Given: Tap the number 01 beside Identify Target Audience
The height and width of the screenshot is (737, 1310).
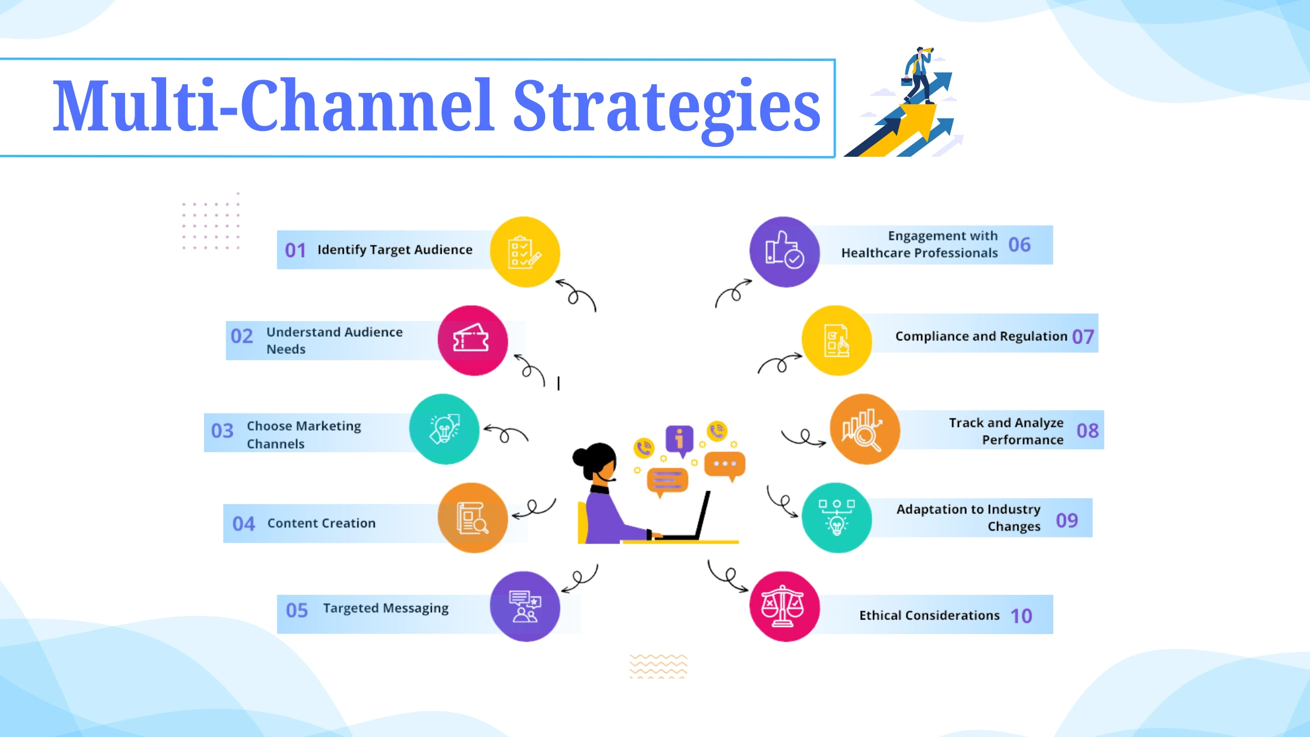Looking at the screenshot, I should [295, 250].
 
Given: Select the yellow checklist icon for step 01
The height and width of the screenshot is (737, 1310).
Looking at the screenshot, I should [525, 252].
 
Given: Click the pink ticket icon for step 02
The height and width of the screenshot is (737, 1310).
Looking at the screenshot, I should [473, 340].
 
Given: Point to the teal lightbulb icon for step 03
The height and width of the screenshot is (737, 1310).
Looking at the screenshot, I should [444, 429].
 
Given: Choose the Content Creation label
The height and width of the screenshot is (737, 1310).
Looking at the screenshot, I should [321, 523].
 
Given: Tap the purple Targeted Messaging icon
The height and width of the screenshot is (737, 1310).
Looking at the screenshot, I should [525, 606].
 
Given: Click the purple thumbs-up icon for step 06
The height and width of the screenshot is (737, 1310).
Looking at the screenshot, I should [784, 252].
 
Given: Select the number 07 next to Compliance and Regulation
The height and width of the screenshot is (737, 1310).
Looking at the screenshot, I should [1083, 337].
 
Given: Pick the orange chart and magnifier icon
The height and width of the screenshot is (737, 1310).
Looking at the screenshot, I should [864, 429].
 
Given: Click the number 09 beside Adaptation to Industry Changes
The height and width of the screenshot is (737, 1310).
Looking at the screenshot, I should [1067, 520].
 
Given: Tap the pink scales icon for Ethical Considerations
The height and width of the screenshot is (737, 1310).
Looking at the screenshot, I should [784, 606].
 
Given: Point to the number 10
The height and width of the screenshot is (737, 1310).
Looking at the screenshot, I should [1021, 616].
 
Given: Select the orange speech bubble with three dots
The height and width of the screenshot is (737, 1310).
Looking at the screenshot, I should [725, 464].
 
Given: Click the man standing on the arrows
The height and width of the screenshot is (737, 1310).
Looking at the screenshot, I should [919, 73].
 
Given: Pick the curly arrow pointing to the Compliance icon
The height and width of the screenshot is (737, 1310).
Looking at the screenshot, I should [780, 363].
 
